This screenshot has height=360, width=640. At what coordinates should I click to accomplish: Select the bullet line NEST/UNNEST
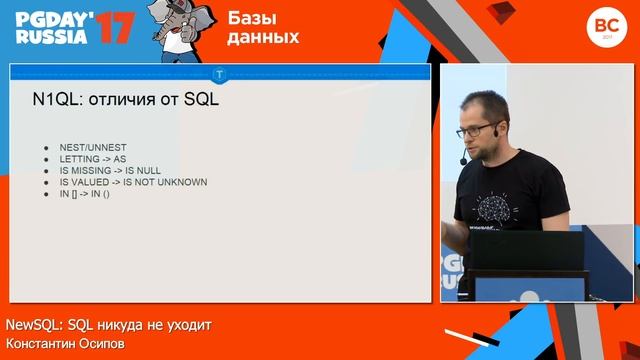coord(92,148)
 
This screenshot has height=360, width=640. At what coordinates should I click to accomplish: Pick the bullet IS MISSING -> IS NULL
coord(111,171)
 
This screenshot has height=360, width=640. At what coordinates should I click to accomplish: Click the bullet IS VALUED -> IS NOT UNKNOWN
coord(133,182)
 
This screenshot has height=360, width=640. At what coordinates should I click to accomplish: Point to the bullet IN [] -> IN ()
coord(85,193)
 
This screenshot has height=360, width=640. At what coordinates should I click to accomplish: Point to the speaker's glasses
coord(477,130)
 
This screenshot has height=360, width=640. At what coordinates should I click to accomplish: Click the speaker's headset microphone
coord(462,160)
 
